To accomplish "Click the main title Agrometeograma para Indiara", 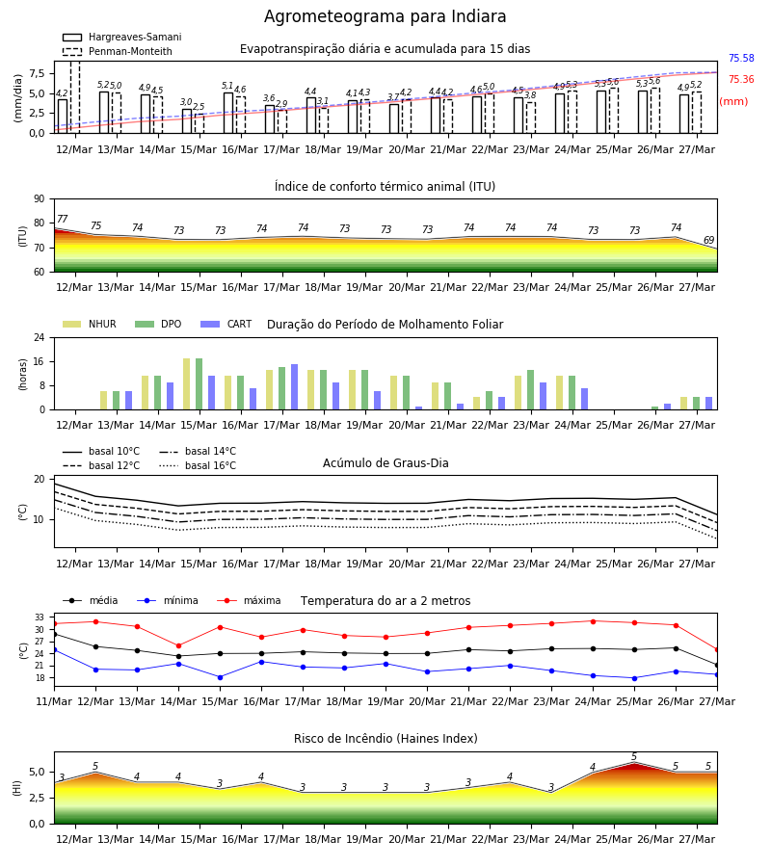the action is tap(385, 16).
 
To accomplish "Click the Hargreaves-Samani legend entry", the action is tap(121, 37).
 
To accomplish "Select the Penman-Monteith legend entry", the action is tap(118, 51).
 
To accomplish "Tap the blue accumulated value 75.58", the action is tap(741, 58).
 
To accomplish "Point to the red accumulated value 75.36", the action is tap(741, 79).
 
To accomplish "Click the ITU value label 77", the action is tap(63, 219).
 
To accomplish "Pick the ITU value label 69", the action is tap(709, 240).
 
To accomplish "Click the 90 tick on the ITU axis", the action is tap(40, 199).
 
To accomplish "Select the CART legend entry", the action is tap(226, 324).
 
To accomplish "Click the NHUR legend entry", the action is tap(90, 324).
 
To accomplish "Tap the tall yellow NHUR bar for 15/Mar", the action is tap(186, 384).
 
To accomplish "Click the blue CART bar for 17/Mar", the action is tap(294, 387).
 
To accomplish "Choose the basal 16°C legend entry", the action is tap(198, 465).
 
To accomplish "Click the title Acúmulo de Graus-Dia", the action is tap(385, 462).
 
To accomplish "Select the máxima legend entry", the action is tap(249, 600).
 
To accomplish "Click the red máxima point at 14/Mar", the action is tap(178, 645).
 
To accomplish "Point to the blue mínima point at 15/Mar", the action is tap(220, 677).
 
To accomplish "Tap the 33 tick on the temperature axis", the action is tap(40, 617).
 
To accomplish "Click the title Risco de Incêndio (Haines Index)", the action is tap(385, 739).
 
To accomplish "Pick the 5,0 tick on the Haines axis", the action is tap(37, 772).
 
